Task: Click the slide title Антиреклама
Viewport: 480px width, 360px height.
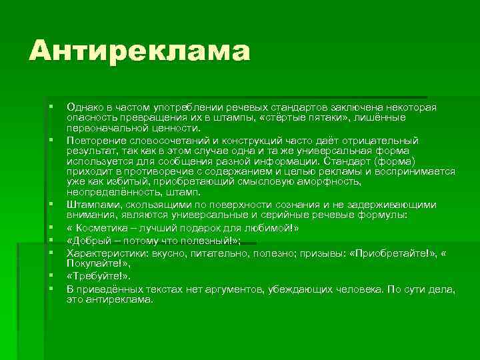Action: click(139, 52)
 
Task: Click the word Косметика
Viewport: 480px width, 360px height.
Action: click(101, 227)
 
